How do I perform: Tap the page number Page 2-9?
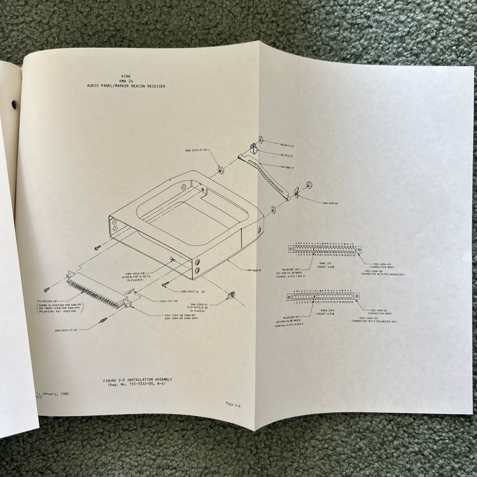233,403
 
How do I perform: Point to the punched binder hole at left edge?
13,105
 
